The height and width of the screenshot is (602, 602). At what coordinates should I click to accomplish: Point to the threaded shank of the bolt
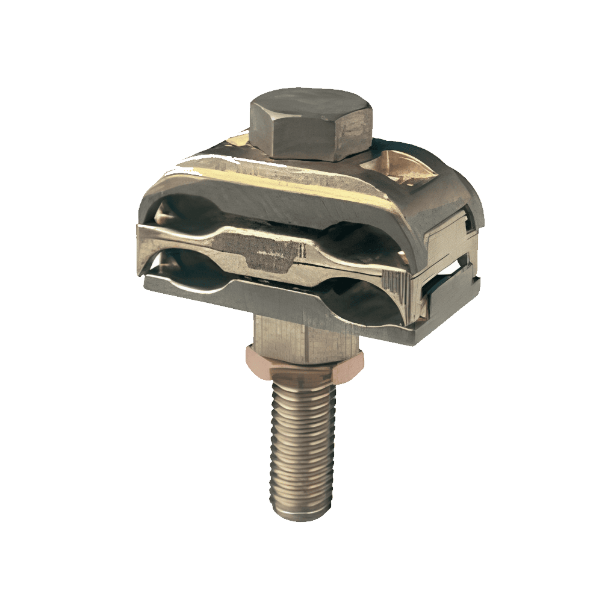pyautogui.click(x=301, y=445)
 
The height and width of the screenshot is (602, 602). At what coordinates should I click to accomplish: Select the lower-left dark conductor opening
pyautogui.click(x=181, y=265)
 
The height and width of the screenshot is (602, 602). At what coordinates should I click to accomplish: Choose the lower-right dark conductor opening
pyautogui.click(x=361, y=301)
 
